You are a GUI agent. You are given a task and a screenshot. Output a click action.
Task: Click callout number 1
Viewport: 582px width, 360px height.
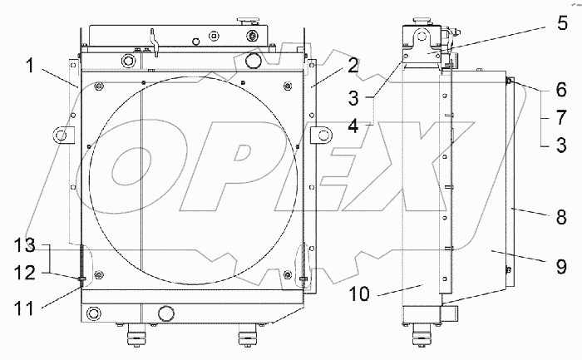pos(30,67)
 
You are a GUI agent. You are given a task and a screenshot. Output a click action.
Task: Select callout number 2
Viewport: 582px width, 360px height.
pos(353,66)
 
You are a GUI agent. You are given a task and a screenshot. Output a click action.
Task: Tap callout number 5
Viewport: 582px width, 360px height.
pos(562,23)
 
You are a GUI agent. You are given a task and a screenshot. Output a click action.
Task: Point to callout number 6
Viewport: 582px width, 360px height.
pos(561,90)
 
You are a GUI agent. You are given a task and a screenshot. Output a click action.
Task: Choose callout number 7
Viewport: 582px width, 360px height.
pos(561,117)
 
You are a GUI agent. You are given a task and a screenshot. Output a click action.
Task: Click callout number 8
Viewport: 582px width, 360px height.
pos(561,217)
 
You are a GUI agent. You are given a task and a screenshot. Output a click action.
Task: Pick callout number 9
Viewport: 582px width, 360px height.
pos(561,266)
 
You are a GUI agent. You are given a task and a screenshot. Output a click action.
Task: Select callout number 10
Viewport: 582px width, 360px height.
pos(359,294)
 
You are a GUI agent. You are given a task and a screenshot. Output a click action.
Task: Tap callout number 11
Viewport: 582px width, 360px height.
pos(24,308)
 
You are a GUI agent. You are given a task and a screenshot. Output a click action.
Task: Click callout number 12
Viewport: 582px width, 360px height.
pos(24,274)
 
